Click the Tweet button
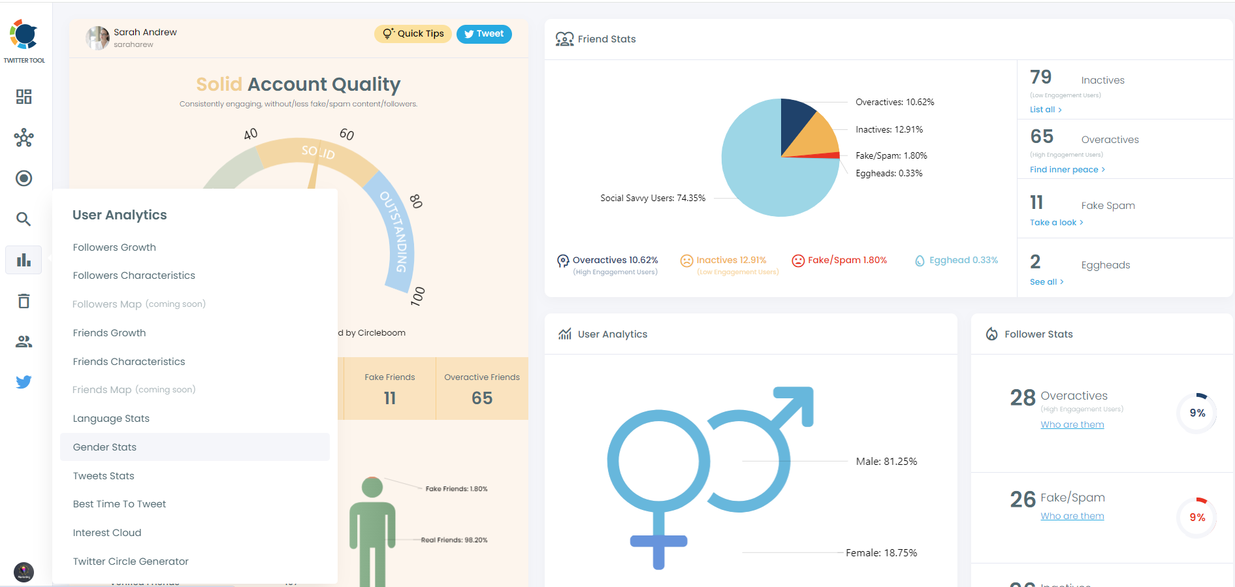484,34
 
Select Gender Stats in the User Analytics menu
104,447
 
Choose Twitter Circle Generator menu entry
131,562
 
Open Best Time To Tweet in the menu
120,504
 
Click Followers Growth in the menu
114,247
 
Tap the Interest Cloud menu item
107,533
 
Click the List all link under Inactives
1045,110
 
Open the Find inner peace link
1067,170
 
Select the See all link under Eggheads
1046,282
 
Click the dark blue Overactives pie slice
794,121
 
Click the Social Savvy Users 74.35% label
652,198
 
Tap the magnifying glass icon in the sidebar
24,219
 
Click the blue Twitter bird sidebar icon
24,382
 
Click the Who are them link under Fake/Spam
1072,516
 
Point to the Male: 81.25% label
886,462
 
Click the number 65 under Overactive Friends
482,398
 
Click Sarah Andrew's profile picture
97,38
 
